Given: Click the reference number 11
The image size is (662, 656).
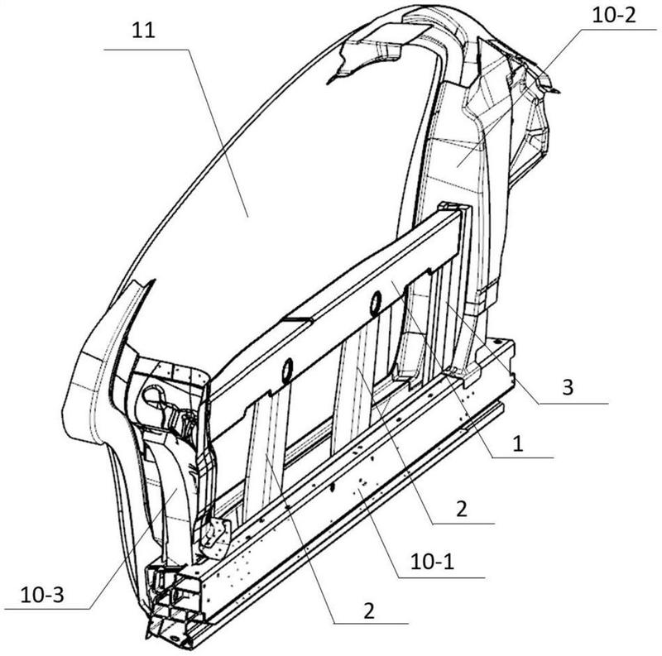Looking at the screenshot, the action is click(x=143, y=31).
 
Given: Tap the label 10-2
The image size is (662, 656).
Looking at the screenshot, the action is click(x=614, y=16).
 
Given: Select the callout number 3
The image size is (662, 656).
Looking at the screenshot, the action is click(x=568, y=386).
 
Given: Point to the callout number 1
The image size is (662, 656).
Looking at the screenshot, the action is click(x=518, y=443).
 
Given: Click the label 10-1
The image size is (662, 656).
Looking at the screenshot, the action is click(x=432, y=562).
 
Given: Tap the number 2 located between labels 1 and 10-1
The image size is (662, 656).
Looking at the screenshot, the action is click(x=462, y=509).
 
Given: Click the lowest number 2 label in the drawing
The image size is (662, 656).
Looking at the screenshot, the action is click(x=369, y=611).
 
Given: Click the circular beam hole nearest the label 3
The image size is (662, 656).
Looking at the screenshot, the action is click(x=375, y=303).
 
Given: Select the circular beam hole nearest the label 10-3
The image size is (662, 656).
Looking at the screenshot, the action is click(x=287, y=371).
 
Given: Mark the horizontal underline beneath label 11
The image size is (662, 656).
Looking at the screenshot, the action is click(x=146, y=50).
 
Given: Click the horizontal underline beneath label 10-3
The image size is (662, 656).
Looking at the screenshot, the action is click(x=47, y=609).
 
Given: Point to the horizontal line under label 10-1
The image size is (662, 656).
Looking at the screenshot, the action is click(x=442, y=577).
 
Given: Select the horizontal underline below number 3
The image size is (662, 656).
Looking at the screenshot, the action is click(x=573, y=404).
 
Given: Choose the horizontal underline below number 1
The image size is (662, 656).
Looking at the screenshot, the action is click(x=523, y=457).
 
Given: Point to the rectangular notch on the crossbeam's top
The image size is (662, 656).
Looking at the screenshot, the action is click(x=298, y=318).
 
